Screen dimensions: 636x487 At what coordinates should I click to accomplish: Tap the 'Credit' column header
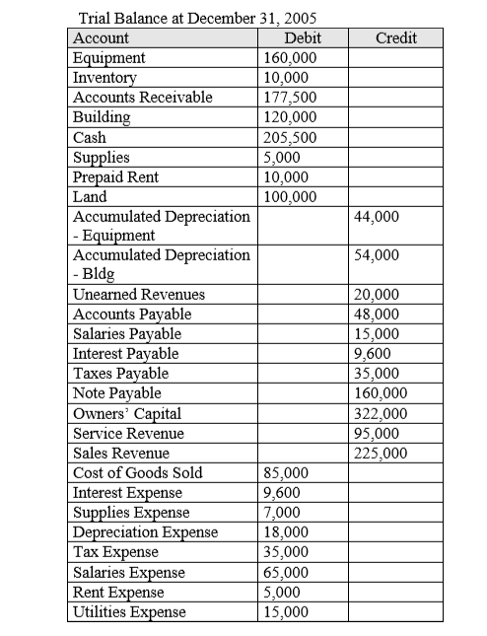point(396,37)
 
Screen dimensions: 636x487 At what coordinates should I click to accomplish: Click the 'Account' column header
point(102,37)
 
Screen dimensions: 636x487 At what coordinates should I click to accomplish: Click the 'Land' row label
point(91,195)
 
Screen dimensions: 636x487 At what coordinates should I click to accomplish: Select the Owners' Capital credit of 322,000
point(379,414)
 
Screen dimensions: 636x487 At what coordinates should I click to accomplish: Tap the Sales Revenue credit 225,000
point(379,454)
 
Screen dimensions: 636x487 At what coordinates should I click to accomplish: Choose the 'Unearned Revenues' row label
point(139,295)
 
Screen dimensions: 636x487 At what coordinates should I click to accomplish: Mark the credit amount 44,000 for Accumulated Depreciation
point(376,215)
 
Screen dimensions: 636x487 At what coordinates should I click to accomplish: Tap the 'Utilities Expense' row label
point(129,612)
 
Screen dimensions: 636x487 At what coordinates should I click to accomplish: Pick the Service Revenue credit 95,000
point(376,434)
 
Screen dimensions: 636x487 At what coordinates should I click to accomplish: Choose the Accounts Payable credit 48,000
point(376,315)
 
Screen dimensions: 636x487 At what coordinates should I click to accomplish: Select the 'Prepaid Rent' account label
point(115,176)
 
